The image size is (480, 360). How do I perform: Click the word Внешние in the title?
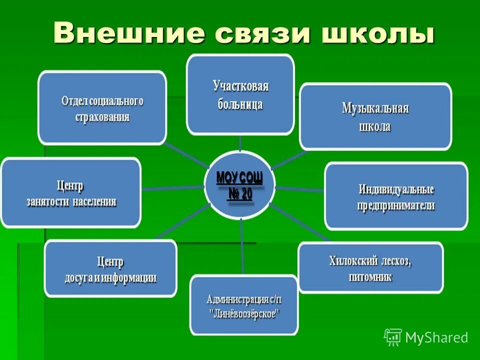click(x=128, y=33)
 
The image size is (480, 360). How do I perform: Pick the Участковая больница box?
click(x=240, y=95)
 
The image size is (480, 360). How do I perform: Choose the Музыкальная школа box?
click(x=375, y=117)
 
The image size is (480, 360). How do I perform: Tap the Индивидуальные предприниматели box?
click(x=396, y=196)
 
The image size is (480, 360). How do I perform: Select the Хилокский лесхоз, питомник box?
click(x=370, y=267)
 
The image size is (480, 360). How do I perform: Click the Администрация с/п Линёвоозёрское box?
click(x=244, y=305)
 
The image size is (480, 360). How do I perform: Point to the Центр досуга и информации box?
click(x=110, y=269)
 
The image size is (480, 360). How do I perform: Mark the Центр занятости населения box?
click(x=71, y=193)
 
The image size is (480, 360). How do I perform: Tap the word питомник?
click(x=370, y=276)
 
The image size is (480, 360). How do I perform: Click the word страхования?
click(x=102, y=117)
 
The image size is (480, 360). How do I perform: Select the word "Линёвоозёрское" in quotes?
click(x=244, y=314)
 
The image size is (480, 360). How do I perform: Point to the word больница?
click(x=240, y=105)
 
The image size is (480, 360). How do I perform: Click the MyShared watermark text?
click(x=436, y=338)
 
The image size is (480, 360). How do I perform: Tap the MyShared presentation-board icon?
click(x=393, y=337)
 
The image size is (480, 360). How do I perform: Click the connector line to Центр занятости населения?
click(x=173, y=188)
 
